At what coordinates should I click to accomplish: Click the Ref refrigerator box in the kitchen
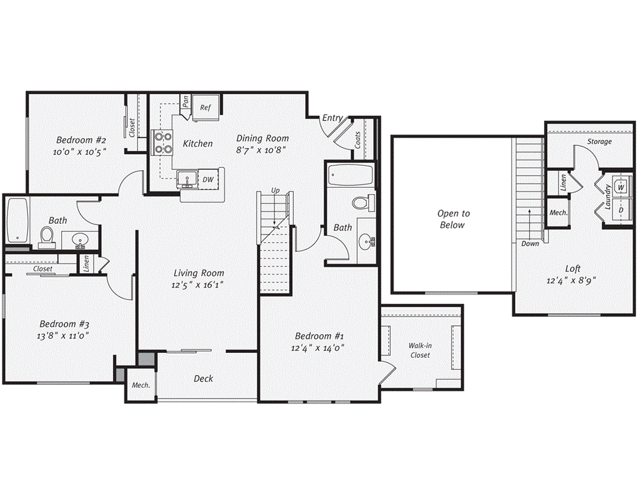click(x=205, y=107)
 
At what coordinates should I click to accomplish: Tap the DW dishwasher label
click(x=208, y=180)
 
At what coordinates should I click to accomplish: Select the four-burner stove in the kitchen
click(x=163, y=143)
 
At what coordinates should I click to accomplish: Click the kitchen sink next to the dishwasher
click(x=187, y=180)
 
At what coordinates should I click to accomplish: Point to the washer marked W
click(x=622, y=186)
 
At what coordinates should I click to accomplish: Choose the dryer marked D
click(x=622, y=210)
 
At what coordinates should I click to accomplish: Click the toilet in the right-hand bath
click(x=361, y=203)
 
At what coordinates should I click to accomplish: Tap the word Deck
click(x=203, y=379)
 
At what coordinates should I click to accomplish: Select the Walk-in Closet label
click(x=420, y=350)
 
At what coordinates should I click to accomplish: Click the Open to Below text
click(x=454, y=219)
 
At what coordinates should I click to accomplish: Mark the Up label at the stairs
click(x=275, y=190)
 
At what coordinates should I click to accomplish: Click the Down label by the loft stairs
click(x=530, y=243)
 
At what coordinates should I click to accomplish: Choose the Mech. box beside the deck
click(x=140, y=385)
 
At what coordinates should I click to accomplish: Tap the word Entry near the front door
click(x=332, y=118)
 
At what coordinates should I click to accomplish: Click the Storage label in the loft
click(x=599, y=142)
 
